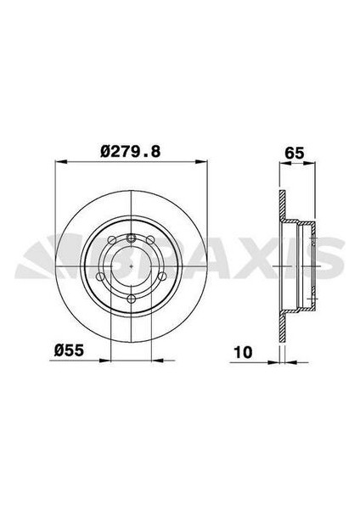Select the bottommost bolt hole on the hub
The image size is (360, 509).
click(132, 288)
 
